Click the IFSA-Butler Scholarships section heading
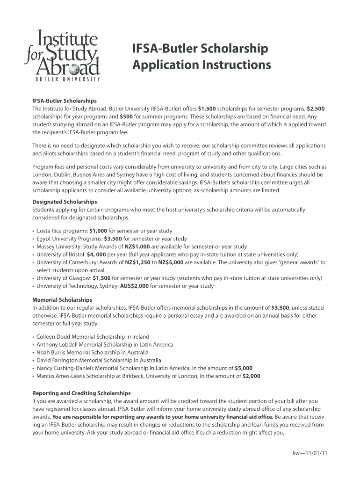point(64,101)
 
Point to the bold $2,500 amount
point(316,109)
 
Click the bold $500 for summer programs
point(126,116)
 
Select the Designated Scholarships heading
point(65,202)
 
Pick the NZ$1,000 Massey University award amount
point(137,247)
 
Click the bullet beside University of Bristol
point(34,255)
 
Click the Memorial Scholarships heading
point(62,300)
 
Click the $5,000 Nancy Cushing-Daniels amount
point(244,368)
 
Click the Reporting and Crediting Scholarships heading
point(81,393)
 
